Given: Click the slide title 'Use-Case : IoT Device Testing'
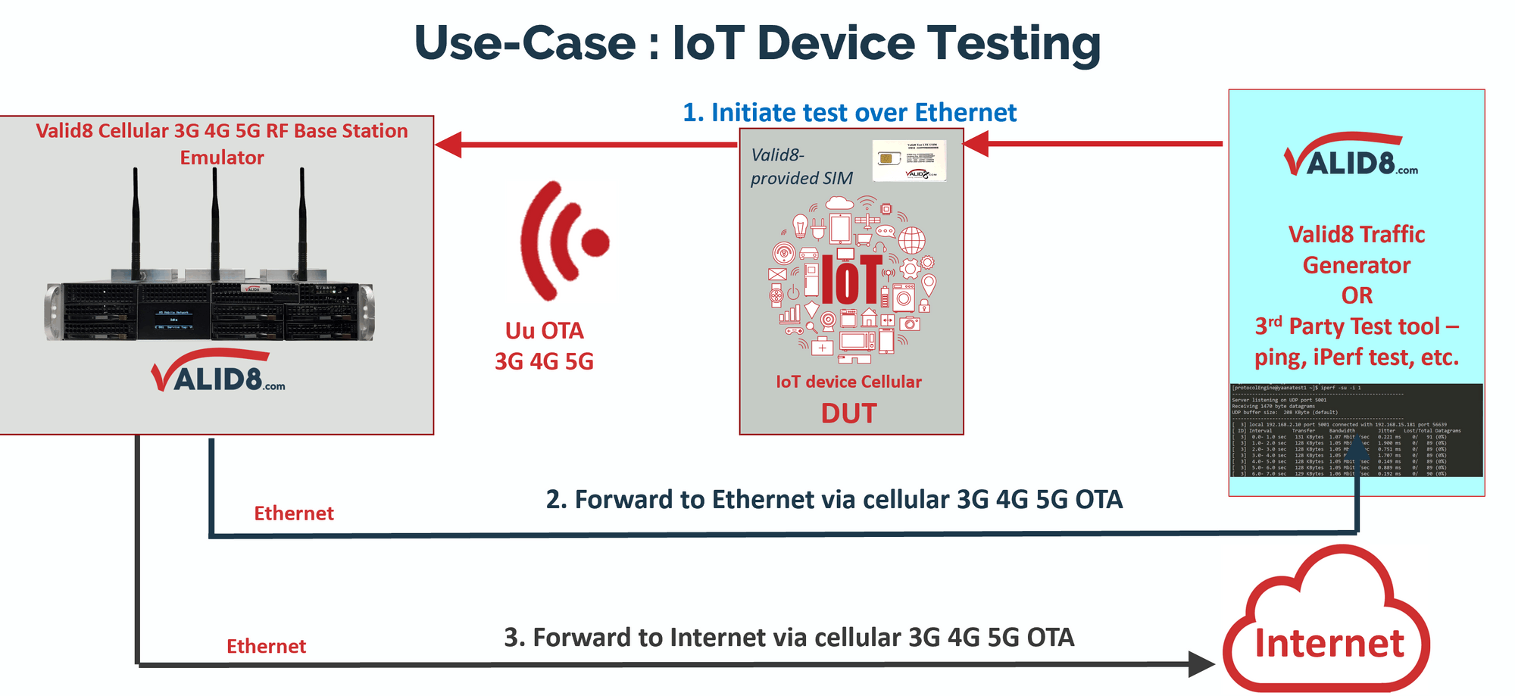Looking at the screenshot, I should point(757,43).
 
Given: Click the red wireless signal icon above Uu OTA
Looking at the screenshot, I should point(564,241).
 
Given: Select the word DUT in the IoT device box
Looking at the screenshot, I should point(848,414).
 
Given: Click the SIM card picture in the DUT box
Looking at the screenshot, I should point(908,161).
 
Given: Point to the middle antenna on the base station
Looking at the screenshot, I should point(215,220).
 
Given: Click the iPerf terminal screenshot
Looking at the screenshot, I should point(1355,429).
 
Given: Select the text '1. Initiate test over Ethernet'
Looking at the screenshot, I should point(849,113).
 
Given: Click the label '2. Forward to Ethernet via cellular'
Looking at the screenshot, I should point(834,500).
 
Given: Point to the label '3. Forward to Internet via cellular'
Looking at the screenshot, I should point(789,638).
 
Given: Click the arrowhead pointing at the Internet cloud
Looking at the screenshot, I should point(1200,664).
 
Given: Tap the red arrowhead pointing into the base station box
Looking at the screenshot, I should point(448,144).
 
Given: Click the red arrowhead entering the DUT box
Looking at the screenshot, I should point(976,143).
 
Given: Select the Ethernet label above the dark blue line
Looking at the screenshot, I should point(293,513).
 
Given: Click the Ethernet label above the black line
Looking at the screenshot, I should point(266,646).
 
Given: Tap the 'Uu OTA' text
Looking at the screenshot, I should point(544,331).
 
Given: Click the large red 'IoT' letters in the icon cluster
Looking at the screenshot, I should point(851,279).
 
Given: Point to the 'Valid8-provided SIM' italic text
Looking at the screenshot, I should point(801,167).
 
